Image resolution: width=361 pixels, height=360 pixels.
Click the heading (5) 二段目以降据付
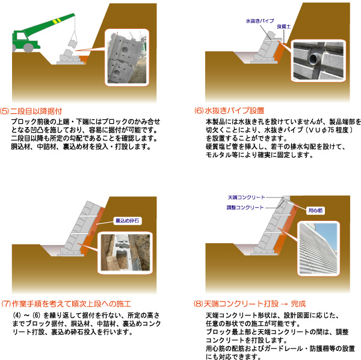(31, 111)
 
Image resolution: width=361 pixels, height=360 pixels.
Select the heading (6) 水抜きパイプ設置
(229, 111)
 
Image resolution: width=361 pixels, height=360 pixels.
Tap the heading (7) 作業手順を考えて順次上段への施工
(66, 304)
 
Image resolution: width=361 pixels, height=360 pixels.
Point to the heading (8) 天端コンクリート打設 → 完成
(250, 304)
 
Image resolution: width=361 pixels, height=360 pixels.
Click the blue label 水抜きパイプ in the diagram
(260, 21)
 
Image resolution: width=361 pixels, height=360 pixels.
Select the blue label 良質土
(283, 26)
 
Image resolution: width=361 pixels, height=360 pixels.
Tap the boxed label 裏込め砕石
(128, 221)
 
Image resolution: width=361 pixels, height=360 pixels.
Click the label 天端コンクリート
(246, 197)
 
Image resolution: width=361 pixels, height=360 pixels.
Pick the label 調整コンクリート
(245, 208)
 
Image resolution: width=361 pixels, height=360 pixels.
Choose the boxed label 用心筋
(315, 210)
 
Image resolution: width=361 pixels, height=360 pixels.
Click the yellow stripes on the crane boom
(57, 21)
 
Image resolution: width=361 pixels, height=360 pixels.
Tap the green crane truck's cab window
(20, 36)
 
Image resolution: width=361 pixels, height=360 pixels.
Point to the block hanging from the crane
(73, 43)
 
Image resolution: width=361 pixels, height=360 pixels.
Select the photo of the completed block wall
(319, 248)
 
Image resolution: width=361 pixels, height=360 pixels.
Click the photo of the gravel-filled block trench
(125, 252)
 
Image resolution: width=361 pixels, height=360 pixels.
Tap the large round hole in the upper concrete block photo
(125, 50)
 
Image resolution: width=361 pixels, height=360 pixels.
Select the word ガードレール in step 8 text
(283, 349)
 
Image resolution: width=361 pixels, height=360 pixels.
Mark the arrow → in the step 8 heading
(285, 304)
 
